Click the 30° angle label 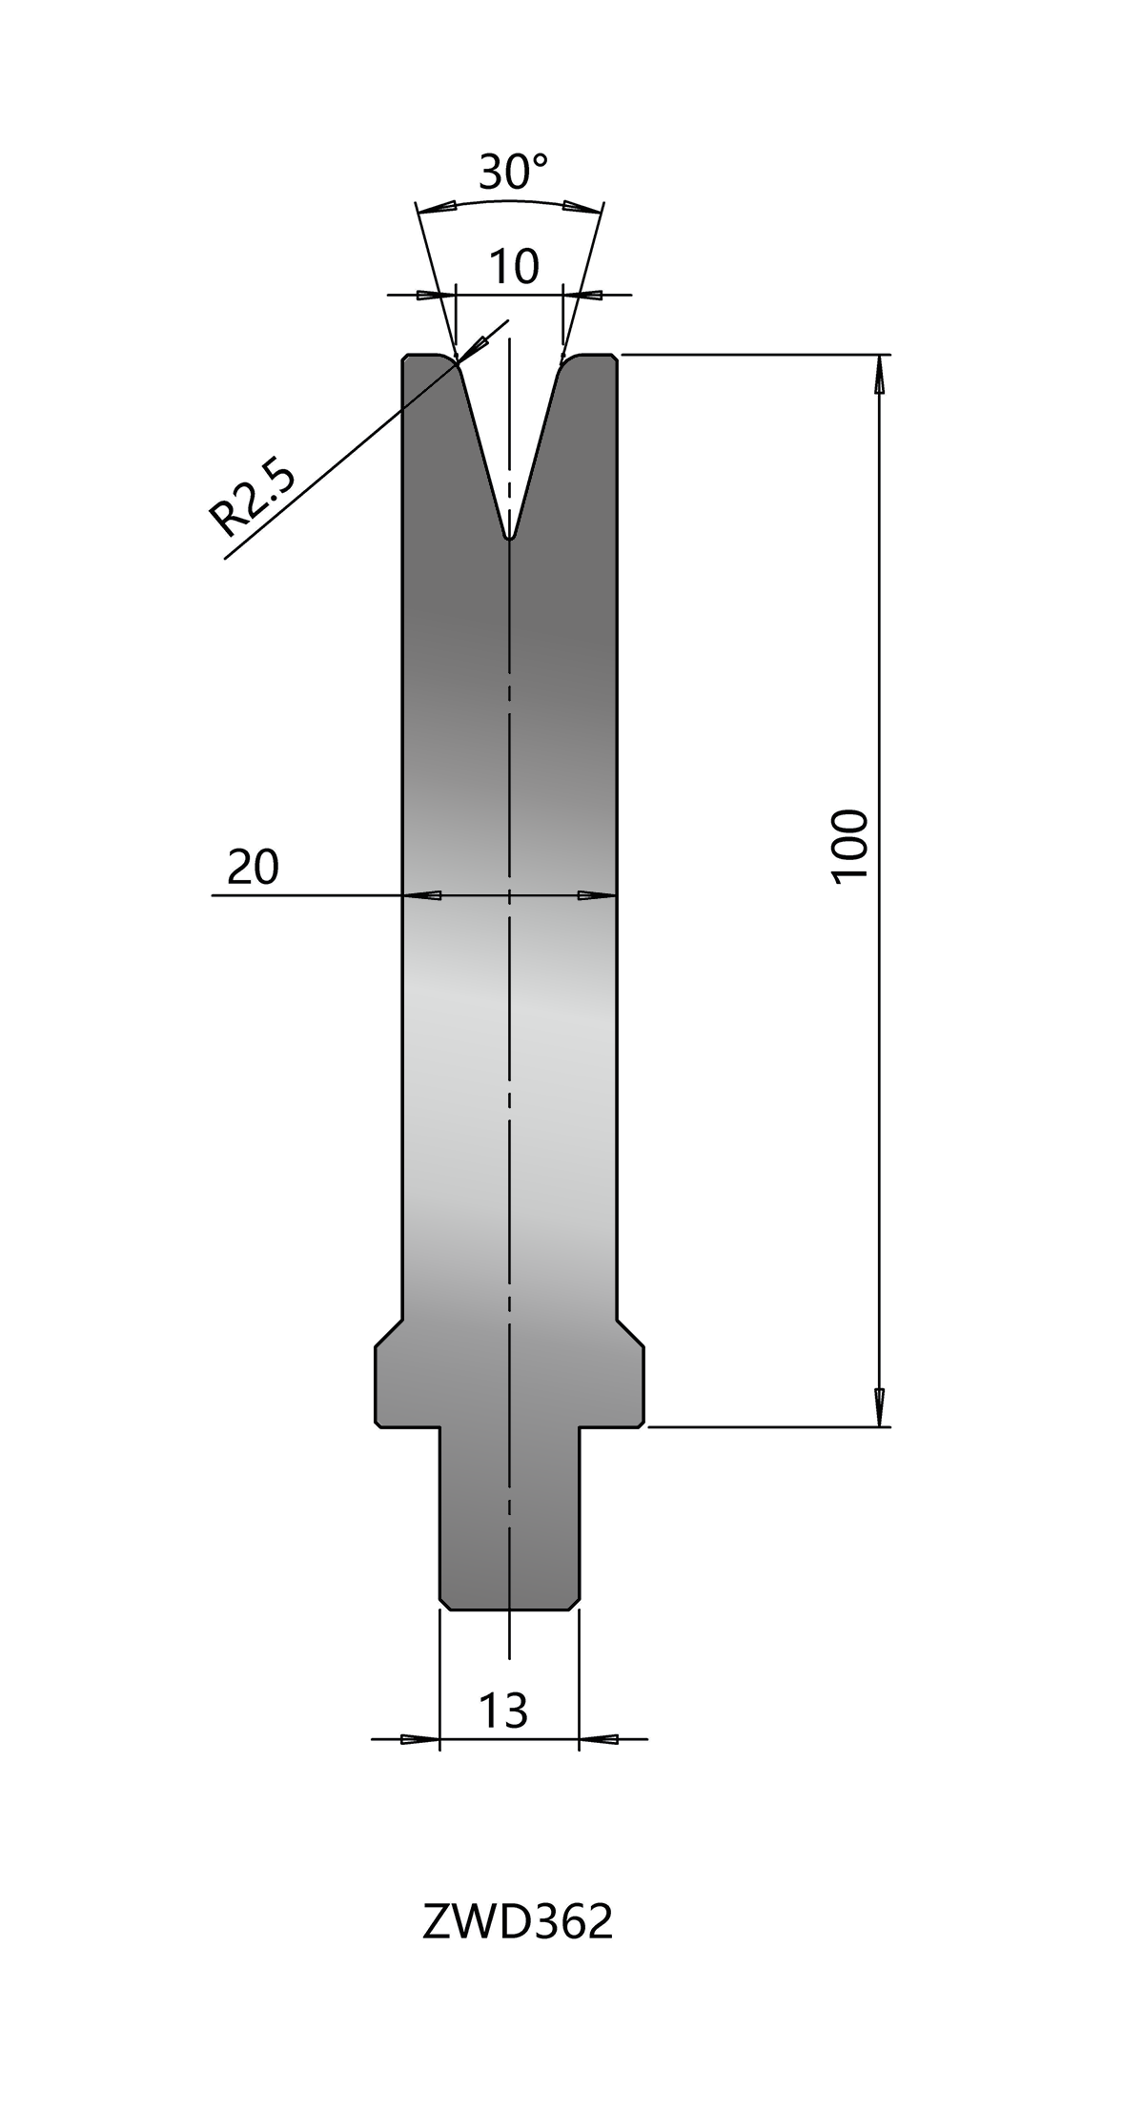click(x=513, y=173)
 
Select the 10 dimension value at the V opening click(x=514, y=267)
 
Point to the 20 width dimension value click(x=253, y=867)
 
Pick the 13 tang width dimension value click(x=502, y=1711)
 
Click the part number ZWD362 click(x=517, y=1924)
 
